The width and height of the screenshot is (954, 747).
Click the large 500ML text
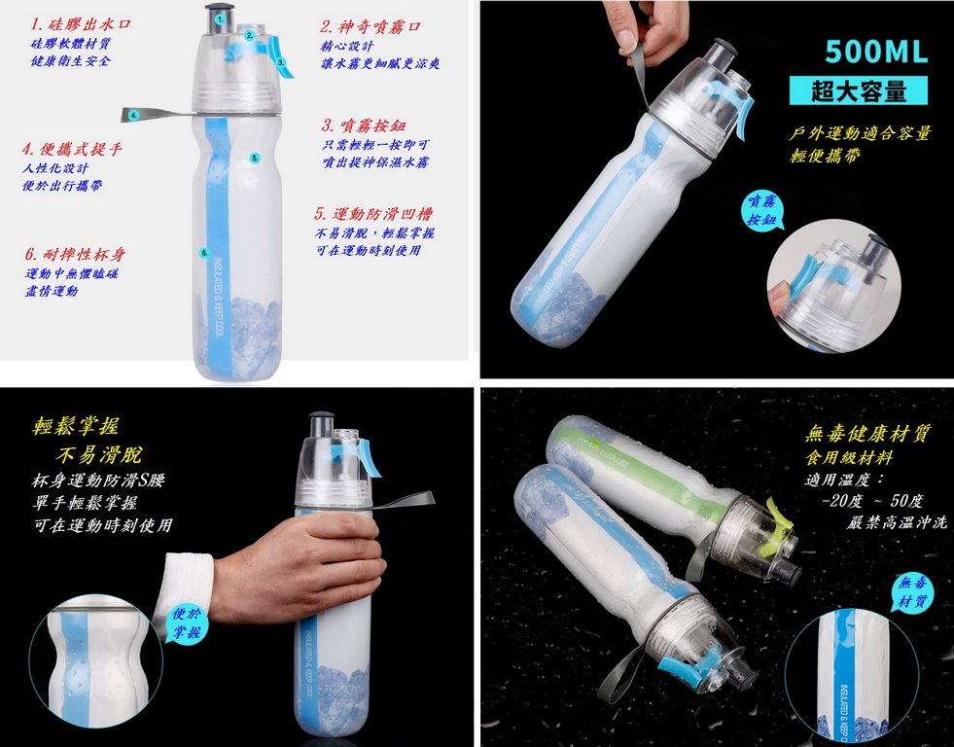click(x=876, y=52)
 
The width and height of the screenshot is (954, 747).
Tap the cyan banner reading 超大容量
click(x=859, y=90)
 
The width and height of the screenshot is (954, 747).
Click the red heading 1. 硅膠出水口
click(x=81, y=25)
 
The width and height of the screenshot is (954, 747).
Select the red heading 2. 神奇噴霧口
click(x=371, y=27)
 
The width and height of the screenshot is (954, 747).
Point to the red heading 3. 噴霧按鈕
click(x=364, y=125)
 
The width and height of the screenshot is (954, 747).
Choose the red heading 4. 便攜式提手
click(x=72, y=149)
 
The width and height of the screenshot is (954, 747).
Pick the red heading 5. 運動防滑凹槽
click(x=373, y=214)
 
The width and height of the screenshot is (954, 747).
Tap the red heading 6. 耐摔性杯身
click(x=75, y=254)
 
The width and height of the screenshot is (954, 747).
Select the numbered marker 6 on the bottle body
click(x=204, y=253)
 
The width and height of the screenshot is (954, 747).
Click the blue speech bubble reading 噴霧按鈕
click(x=761, y=210)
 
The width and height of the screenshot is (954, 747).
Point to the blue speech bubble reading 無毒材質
click(x=914, y=592)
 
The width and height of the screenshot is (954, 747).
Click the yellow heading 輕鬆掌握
click(x=76, y=426)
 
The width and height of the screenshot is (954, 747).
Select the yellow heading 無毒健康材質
click(x=868, y=434)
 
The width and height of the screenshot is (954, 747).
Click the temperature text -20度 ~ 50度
click(x=872, y=501)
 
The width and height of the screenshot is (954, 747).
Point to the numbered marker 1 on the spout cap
click(x=220, y=18)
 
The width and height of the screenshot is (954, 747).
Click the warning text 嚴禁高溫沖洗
click(x=897, y=522)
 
